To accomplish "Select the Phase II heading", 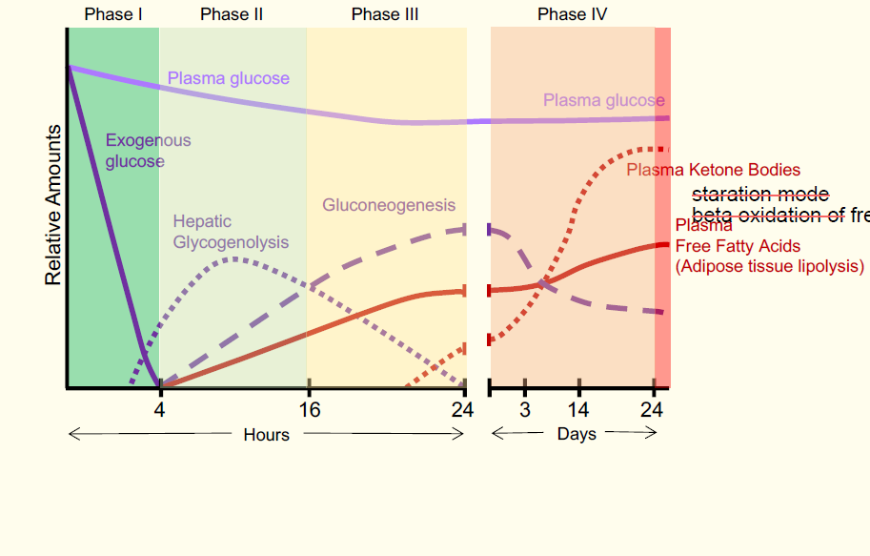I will tap(232, 14).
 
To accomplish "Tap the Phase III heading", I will tap(384, 14).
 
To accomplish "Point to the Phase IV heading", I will tap(572, 14).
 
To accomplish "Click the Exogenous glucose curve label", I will tap(148, 152).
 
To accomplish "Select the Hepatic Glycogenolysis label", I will tap(231, 232).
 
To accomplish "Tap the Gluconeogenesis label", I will tap(389, 205).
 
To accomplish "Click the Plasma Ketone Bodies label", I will tap(713, 170).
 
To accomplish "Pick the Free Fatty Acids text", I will tap(738, 246).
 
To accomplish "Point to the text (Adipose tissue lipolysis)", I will tap(769, 266).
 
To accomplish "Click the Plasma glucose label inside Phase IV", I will tap(603, 100).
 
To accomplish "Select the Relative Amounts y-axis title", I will tap(53, 205).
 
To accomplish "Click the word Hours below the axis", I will tap(266, 435).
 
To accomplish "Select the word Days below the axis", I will tap(577, 434).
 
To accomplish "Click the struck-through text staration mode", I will tap(759, 195).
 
